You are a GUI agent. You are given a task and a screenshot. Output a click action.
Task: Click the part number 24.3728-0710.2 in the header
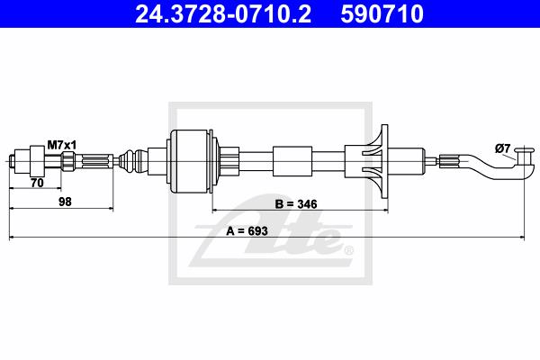(x=223, y=13)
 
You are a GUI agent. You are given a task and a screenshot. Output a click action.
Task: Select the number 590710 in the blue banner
(x=382, y=13)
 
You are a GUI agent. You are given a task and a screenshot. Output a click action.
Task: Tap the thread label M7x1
(x=61, y=146)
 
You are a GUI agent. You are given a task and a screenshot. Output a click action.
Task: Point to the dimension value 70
(x=37, y=183)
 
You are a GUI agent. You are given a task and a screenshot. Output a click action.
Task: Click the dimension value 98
(x=65, y=202)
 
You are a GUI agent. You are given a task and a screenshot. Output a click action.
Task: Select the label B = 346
(x=296, y=204)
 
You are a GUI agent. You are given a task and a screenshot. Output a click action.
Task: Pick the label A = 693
(x=247, y=230)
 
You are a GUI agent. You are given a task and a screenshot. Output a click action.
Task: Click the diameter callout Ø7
(x=502, y=148)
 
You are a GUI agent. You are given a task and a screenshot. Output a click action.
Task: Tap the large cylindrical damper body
(x=191, y=161)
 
